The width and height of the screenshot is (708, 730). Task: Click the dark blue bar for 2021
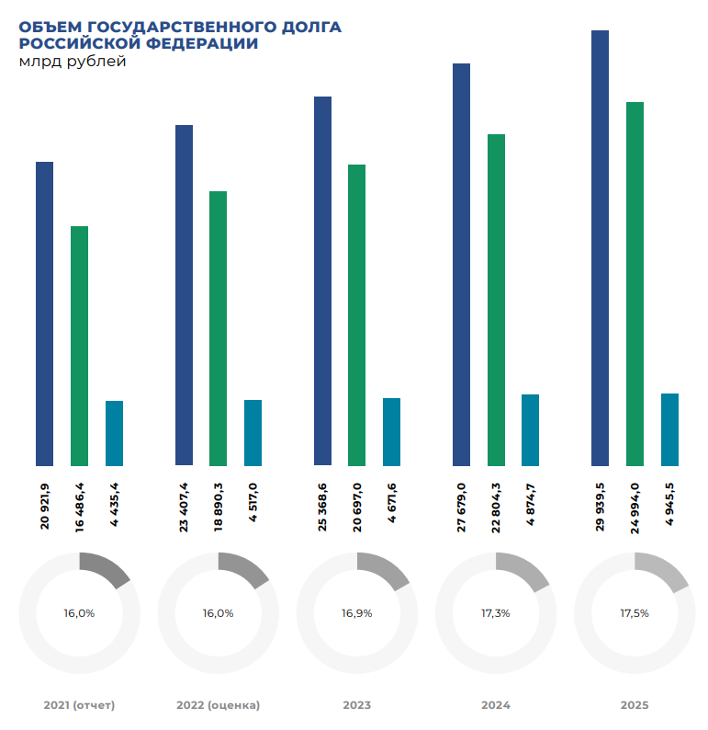(44, 314)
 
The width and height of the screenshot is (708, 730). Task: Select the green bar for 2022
(218, 328)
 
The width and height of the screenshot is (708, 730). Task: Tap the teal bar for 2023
(391, 431)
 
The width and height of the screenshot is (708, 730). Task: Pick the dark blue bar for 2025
(600, 248)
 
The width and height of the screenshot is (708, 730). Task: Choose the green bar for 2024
(496, 300)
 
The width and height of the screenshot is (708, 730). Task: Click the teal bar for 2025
(669, 429)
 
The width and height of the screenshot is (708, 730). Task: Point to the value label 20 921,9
(44, 507)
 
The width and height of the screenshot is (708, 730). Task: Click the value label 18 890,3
(219, 507)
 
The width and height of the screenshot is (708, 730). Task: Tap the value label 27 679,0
(461, 507)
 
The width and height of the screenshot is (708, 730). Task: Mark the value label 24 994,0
(635, 507)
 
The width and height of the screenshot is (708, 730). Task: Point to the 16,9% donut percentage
(356, 612)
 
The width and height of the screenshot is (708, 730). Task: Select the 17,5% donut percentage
(634, 612)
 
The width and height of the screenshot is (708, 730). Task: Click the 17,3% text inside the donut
(495, 612)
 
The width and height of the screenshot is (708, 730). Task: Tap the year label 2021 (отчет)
(79, 705)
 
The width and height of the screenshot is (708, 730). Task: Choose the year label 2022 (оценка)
(218, 705)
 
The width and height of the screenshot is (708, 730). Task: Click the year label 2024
(495, 705)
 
